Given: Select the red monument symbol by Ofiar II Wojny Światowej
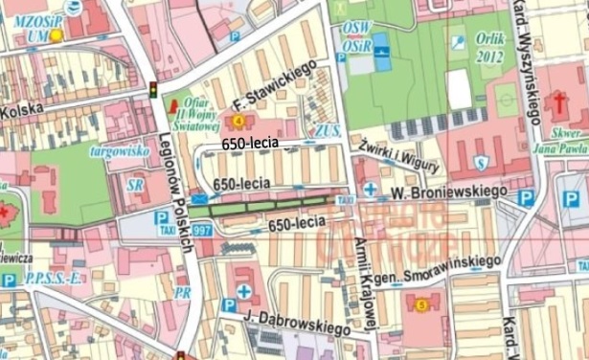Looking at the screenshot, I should [173, 105].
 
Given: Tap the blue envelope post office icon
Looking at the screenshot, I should [198, 199].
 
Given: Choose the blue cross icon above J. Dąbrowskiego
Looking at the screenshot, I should [246, 291].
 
